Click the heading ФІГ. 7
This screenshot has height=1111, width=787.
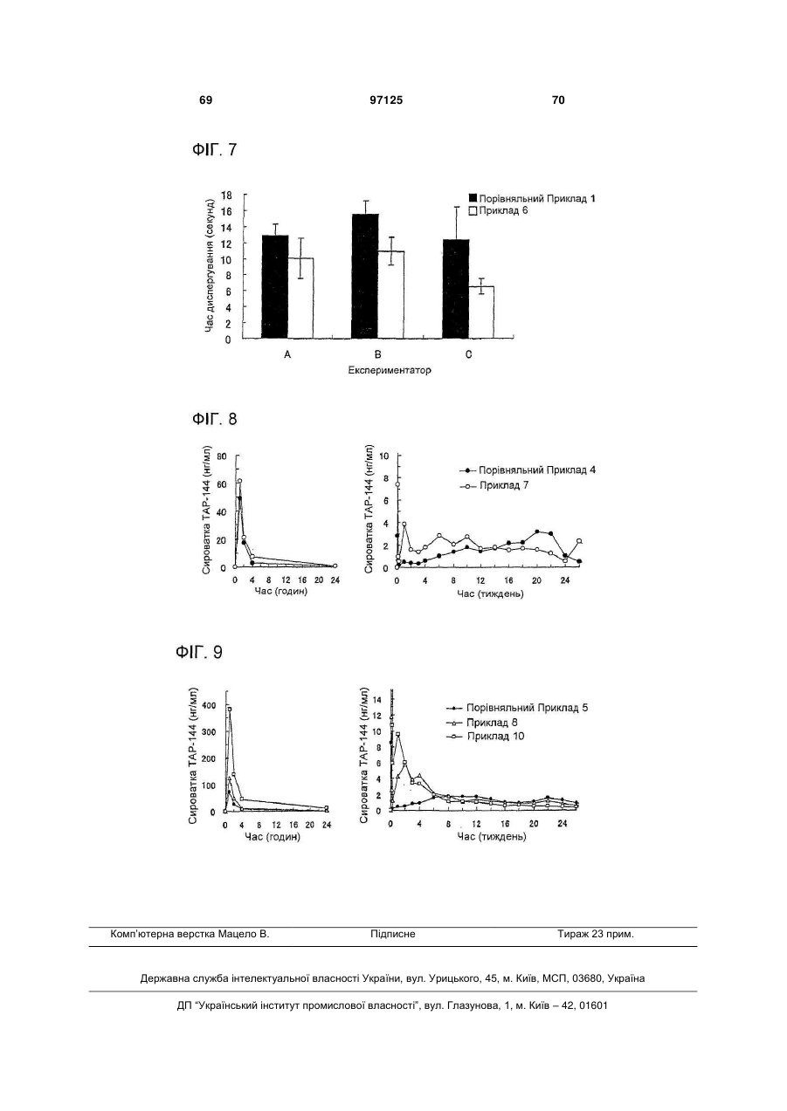click(x=215, y=149)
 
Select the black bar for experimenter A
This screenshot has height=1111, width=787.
click(x=275, y=286)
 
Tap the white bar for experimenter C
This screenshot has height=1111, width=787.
click(x=481, y=312)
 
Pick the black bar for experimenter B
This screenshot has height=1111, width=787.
click(x=365, y=277)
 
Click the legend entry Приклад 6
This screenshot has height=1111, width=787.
click(x=499, y=211)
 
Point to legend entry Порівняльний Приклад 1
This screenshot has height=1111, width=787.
click(x=532, y=198)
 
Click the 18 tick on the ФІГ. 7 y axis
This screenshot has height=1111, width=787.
click(x=226, y=195)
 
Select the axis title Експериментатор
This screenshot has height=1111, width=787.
click(x=390, y=370)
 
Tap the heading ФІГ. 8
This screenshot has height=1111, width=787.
click(x=215, y=419)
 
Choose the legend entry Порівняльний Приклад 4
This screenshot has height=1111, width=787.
click(x=528, y=470)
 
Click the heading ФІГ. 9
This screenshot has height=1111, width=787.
click(x=198, y=652)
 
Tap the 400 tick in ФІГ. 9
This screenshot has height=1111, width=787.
click(x=209, y=705)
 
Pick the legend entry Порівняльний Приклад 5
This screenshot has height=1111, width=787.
click(x=517, y=708)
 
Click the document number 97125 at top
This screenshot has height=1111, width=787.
click(x=386, y=100)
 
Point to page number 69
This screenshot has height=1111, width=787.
click(x=205, y=100)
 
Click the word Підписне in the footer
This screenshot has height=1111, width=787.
click(x=393, y=934)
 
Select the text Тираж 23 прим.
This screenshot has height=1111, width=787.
click(x=596, y=934)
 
